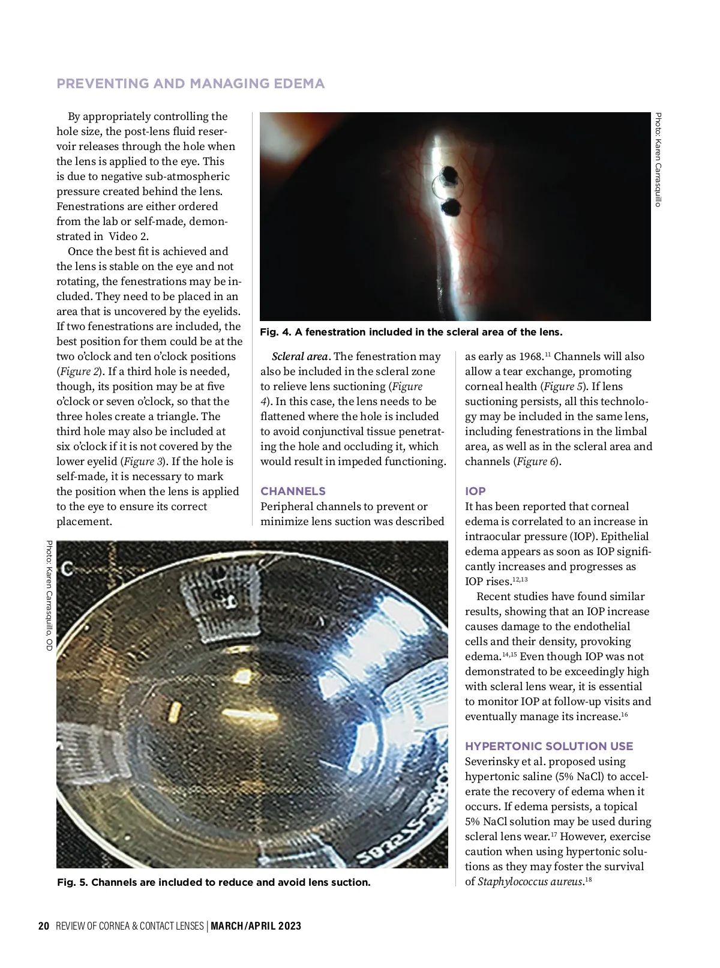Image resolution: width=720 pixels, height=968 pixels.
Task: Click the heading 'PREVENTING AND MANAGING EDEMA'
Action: click(x=190, y=83)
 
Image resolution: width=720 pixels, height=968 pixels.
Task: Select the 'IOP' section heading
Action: click(x=475, y=491)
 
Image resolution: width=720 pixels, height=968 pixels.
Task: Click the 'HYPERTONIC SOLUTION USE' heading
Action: click(x=549, y=746)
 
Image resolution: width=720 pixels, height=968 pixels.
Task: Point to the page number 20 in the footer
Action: click(x=43, y=926)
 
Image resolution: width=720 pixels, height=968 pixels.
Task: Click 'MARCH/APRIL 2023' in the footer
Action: click(x=256, y=926)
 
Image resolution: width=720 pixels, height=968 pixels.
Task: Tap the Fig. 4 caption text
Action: click(x=411, y=332)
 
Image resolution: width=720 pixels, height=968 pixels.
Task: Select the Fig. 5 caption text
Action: click(x=214, y=882)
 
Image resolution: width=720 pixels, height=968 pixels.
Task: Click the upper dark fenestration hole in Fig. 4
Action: click(x=448, y=175)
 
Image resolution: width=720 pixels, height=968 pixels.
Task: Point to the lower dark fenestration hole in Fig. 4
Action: click(x=451, y=208)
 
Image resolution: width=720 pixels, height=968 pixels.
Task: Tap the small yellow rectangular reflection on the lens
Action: click(x=175, y=711)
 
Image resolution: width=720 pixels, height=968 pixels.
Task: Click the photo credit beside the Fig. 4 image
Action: click(x=658, y=160)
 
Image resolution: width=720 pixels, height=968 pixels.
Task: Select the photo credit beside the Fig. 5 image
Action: click(x=49, y=595)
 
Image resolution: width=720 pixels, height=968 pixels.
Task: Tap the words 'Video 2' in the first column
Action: click(x=128, y=236)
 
